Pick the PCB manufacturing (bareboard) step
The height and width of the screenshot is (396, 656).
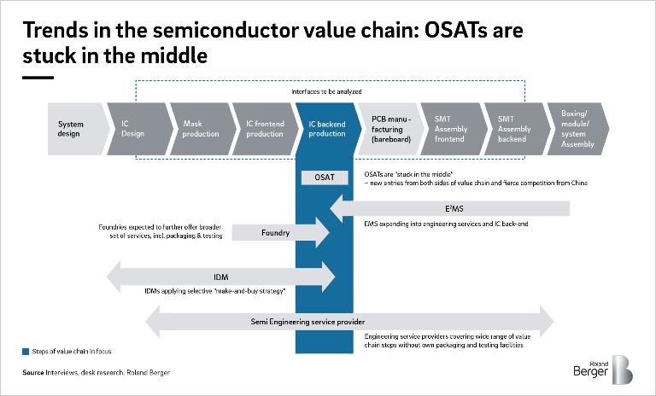click(x=389, y=129)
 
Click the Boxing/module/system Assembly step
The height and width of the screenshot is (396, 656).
click(x=578, y=129)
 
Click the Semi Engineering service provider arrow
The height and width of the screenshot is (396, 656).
click(x=350, y=322)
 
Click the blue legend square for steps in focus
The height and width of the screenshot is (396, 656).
click(x=26, y=351)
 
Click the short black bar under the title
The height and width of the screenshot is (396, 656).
click(x=38, y=77)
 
